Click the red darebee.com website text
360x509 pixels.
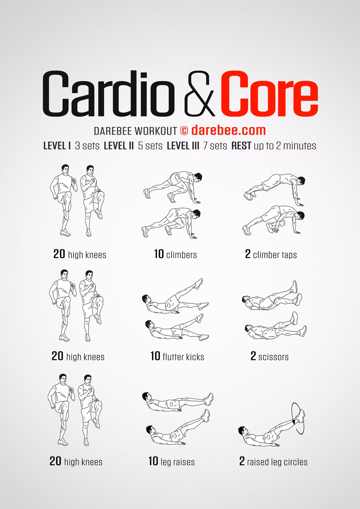pos(228,130)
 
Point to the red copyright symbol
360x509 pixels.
pos(184,131)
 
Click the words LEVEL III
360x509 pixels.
pos(183,146)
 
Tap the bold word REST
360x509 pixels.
pos(242,146)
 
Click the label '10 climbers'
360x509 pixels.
pos(175,254)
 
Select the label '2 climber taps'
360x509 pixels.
pos(271,254)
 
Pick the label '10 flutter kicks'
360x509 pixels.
pos(177,356)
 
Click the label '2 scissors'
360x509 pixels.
pos(269,356)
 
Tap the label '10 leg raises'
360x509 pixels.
pos(171,461)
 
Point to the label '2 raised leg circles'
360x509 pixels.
pos(273,462)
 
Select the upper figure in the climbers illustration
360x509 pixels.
pos(173,186)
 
